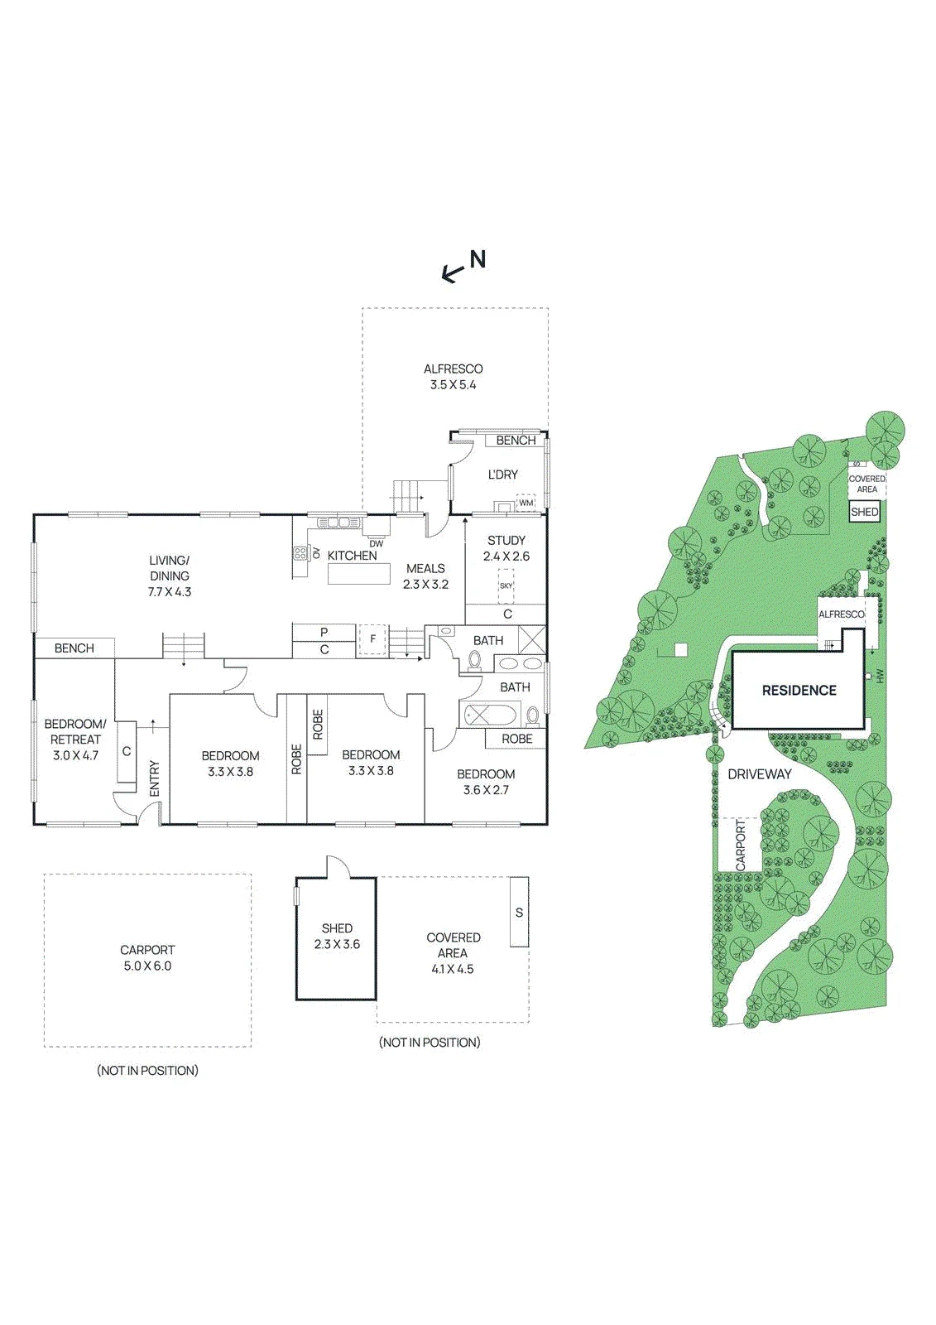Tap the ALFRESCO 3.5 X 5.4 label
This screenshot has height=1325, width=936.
click(x=453, y=377)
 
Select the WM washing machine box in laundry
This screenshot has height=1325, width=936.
click(x=526, y=502)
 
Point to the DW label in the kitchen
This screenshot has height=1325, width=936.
click(x=376, y=543)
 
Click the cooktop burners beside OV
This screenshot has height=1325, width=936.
click(x=300, y=554)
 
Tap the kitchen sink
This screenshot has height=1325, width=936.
click(x=338, y=523)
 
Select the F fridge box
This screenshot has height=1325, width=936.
click(x=372, y=640)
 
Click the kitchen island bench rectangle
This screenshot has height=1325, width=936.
click(x=359, y=574)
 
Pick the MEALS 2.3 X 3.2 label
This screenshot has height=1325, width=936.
click(x=425, y=576)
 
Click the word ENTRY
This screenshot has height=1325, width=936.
click(x=155, y=778)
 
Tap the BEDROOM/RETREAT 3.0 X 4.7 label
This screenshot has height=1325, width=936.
click(x=75, y=740)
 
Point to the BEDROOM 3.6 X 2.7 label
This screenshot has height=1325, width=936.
click(x=486, y=782)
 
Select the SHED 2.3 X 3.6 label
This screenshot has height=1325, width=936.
click(x=337, y=937)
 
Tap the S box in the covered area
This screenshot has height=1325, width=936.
click(x=519, y=912)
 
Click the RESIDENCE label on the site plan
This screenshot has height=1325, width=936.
click(x=799, y=691)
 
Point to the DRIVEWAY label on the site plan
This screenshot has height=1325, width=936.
click(x=759, y=774)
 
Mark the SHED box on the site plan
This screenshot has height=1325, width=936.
click(x=865, y=512)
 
